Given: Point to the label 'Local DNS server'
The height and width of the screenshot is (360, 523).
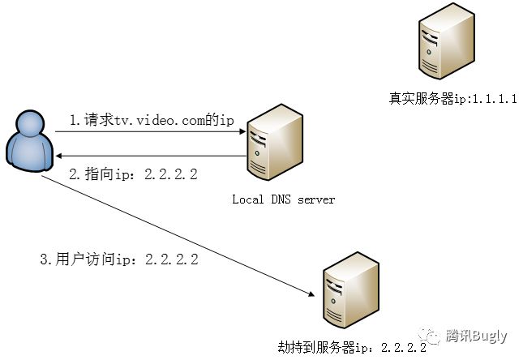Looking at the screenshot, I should (x=283, y=199).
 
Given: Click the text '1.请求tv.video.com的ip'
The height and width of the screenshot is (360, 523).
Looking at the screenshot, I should (x=152, y=120).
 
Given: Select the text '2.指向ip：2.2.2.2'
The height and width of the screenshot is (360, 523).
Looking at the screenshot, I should (x=133, y=174).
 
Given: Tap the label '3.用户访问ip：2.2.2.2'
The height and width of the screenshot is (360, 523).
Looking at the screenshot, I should (x=119, y=259).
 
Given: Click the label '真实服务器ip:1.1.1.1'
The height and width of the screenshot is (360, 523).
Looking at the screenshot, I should (x=453, y=99).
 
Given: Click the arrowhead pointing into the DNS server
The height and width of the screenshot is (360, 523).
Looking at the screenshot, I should (x=242, y=131).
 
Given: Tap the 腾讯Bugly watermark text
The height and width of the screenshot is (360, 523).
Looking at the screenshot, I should (x=478, y=335).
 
